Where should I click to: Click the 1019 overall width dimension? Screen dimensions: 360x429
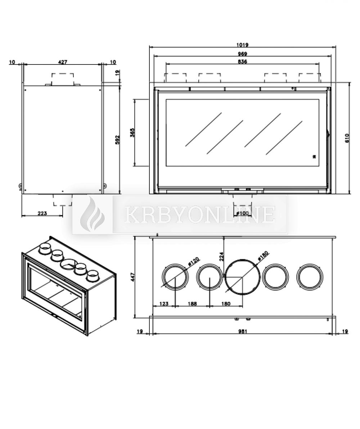tap(243, 45)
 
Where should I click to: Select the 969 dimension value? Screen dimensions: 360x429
tap(243, 54)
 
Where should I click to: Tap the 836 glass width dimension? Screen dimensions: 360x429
tap(243, 62)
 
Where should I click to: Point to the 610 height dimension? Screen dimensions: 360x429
tap(347, 138)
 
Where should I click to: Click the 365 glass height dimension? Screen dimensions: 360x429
tap(133, 133)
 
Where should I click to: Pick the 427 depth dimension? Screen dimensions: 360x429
tap(63, 62)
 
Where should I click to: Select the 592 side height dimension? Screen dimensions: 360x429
tap(117, 139)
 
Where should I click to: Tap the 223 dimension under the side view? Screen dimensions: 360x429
tap(42, 213)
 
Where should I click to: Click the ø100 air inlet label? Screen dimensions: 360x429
tap(243, 213)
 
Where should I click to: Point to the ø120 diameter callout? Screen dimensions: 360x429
tap(194, 262)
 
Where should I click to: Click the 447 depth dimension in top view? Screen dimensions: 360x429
tap(133, 277)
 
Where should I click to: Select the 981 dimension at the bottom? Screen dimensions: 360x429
tap(243, 331)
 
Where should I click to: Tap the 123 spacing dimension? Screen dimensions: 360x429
tap(164, 303)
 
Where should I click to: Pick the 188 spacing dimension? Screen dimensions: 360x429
tap(193, 303)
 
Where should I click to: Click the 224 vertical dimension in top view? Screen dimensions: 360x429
tap(221, 256)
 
